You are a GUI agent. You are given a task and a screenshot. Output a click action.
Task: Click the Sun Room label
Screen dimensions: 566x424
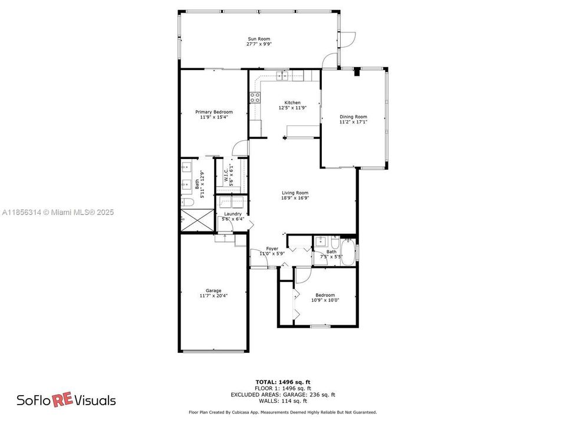[259, 39]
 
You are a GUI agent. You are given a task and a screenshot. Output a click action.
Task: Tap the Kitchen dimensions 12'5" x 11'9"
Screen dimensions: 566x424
[292, 107]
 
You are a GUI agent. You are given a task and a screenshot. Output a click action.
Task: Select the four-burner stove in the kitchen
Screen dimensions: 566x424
[255, 98]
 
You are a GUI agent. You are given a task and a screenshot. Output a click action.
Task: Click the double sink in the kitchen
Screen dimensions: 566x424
[282, 76]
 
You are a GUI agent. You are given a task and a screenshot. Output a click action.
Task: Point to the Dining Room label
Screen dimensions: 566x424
[353, 117]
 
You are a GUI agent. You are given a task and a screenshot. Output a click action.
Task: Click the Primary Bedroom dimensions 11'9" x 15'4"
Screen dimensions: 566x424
[214, 117]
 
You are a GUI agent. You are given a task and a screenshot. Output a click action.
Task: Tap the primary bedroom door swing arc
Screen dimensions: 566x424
[239, 145]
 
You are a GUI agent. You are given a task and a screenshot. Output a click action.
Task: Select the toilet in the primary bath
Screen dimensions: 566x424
[187, 202]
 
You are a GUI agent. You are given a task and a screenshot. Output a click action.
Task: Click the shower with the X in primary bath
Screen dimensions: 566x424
[198, 220]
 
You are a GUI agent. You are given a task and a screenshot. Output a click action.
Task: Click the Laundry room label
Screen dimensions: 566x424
[232, 214]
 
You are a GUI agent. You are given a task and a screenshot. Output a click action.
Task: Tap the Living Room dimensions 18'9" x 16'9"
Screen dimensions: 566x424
[295, 198]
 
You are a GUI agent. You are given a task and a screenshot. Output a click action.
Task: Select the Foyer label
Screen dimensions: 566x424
[272, 249]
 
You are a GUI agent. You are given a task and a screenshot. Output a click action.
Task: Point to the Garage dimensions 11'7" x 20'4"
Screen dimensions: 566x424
[213, 296]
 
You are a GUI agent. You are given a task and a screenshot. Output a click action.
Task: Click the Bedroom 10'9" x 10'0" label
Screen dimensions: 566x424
[325, 297]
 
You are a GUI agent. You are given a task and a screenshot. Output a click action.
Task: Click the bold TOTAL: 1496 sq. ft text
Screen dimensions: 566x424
[282, 382]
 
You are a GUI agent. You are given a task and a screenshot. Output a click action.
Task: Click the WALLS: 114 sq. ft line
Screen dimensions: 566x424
[282, 400]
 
